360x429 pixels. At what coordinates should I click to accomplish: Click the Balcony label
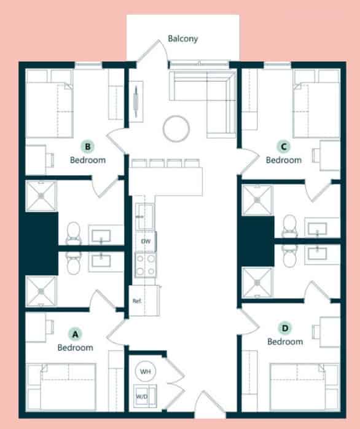coord(183,39)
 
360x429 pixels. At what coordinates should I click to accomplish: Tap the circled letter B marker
coord(89,147)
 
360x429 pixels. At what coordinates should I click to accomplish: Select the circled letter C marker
coord(283,147)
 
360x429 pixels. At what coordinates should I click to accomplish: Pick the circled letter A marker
coord(75,334)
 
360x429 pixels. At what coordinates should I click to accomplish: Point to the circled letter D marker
coord(284,328)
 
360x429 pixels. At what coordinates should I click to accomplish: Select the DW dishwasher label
coord(146,242)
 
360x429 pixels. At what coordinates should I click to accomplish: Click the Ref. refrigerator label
coord(137,302)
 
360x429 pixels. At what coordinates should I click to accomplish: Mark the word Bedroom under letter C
coord(284,160)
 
